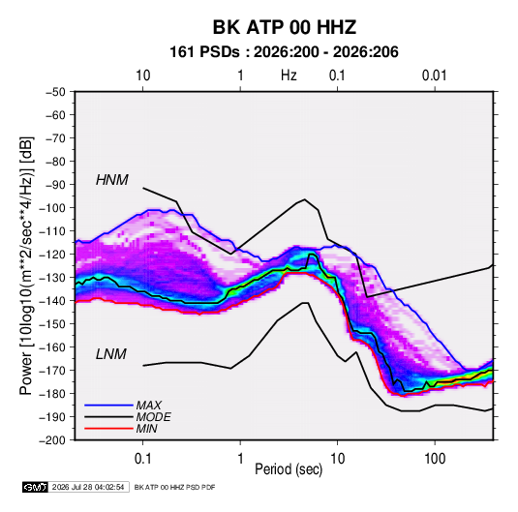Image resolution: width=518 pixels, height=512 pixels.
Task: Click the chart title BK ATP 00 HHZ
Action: click(x=285, y=27)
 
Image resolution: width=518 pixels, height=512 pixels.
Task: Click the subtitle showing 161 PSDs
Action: click(x=284, y=52)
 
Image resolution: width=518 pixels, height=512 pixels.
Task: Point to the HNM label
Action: click(x=112, y=180)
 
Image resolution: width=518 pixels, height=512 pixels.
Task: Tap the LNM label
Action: click(x=111, y=354)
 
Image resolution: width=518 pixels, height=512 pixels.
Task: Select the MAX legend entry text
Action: click(x=149, y=406)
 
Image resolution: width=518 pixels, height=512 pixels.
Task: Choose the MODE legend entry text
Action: click(x=153, y=417)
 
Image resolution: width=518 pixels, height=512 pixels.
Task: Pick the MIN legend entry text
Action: click(x=146, y=429)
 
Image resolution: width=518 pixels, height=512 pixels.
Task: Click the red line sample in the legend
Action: click(x=108, y=429)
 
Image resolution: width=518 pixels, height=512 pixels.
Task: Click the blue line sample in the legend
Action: click(x=108, y=406)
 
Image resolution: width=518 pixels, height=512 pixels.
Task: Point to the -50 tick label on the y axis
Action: click(x=55, y=92)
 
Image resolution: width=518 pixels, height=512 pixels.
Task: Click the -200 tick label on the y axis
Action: click(x=52, y=440)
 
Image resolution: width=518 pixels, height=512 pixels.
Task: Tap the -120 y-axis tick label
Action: click(x=52, y=255)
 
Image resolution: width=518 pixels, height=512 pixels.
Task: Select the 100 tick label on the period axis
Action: click(x=435, y=459)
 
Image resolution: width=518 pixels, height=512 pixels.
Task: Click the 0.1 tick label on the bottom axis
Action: click(x=142, y=459)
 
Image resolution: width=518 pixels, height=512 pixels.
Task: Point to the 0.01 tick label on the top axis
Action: click(x=435, y=75)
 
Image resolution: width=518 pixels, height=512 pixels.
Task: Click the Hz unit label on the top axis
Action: click(x=289, y=75)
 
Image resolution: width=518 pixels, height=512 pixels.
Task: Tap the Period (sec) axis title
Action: click(x=289, y=469)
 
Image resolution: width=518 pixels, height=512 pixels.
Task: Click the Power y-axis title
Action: click(x=27, y=266)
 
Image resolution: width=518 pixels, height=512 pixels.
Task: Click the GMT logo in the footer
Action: click(x=36, y=487)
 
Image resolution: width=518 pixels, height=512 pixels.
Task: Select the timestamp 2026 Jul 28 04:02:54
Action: click(x=88, y=487)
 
